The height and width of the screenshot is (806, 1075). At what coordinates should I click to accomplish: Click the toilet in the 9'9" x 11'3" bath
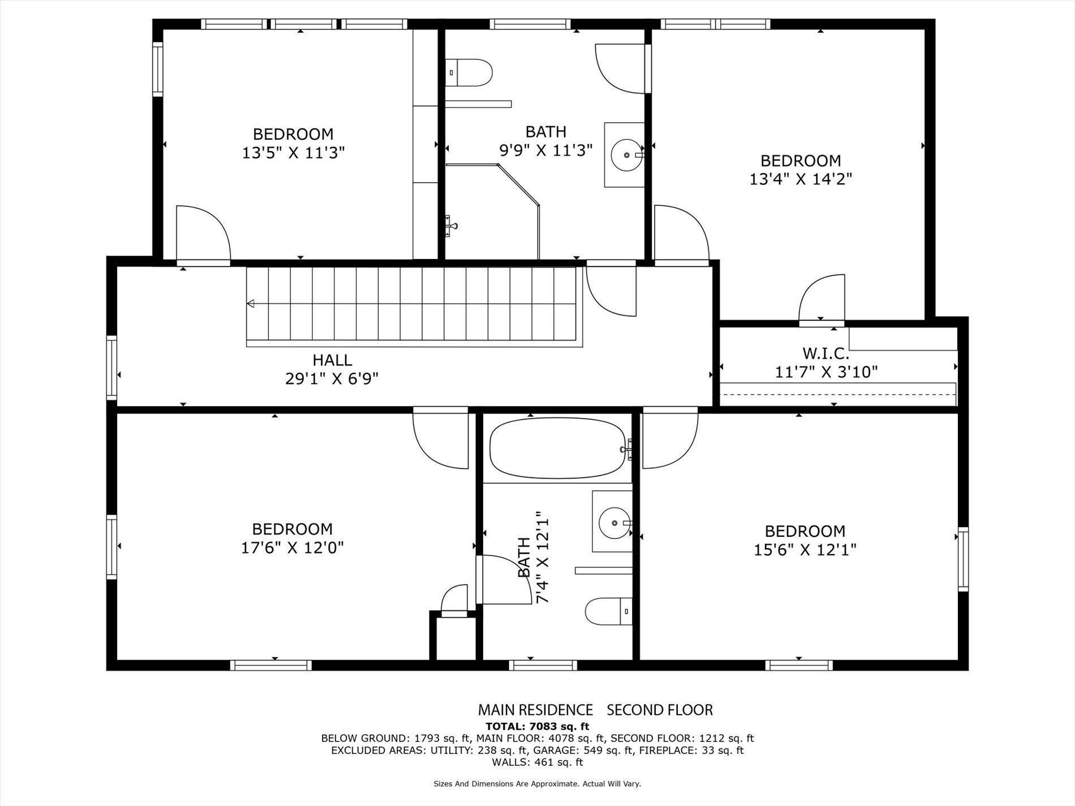point(470,72)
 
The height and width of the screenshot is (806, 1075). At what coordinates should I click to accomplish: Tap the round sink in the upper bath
point(627,154)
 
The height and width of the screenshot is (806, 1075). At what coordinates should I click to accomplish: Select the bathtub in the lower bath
point(557,448)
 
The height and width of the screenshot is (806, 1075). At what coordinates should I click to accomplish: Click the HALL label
point(332,360)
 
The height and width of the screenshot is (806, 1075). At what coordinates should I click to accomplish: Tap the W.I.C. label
point(825,354)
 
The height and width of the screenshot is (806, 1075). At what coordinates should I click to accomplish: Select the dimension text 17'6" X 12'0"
point(293,548)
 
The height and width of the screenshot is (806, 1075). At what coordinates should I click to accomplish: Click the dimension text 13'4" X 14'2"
point(801,179)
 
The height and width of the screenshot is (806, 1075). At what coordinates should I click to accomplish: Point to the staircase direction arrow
point(251,304)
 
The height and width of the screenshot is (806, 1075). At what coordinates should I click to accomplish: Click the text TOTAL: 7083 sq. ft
point(537,726)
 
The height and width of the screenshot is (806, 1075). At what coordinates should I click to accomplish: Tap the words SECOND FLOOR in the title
point(660,710)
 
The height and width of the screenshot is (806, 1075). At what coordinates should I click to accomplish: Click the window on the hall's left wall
point(112,368)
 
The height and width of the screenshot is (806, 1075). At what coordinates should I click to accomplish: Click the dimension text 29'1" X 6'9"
point(332,378)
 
